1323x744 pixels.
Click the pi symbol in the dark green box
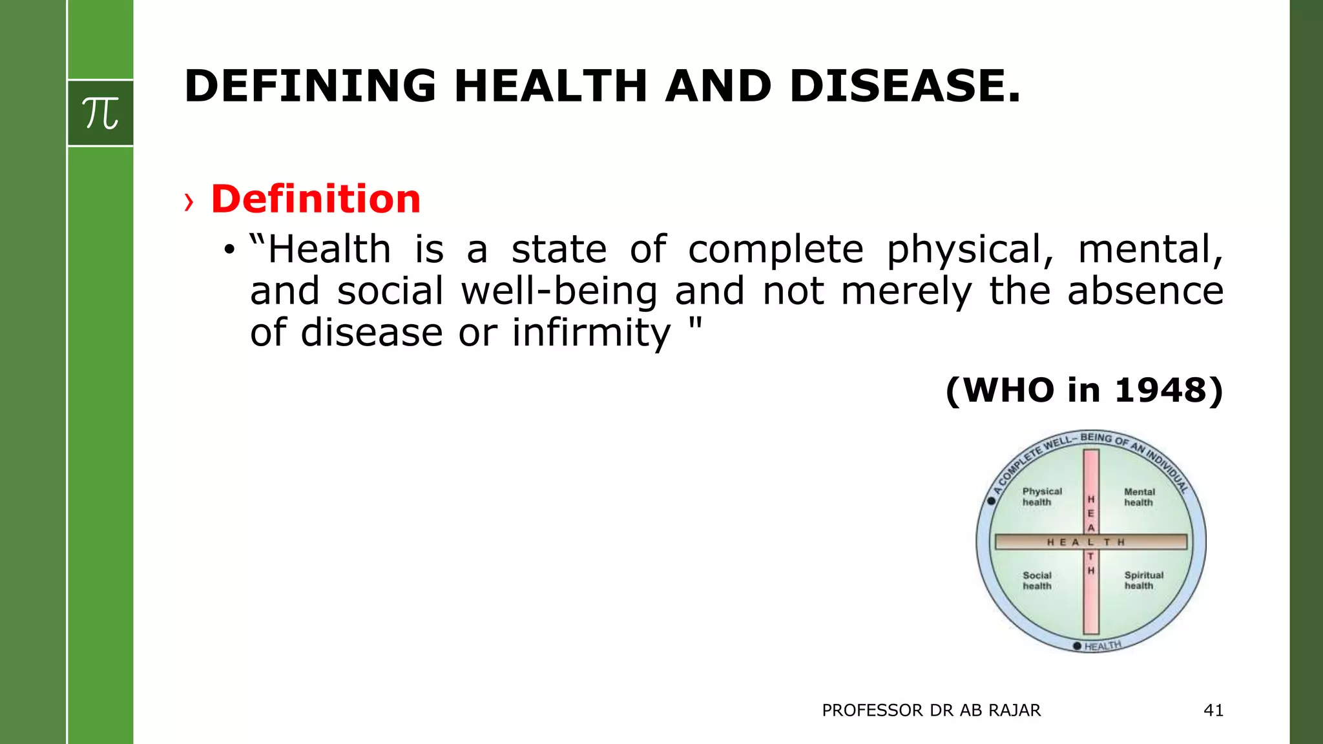pos(100,114)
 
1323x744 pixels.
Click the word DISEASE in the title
pos(904,86)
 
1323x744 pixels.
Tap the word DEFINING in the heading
pos(310,86)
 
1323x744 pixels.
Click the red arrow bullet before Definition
pos(189,202)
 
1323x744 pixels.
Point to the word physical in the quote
pos(970,250)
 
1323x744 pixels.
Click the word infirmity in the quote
pos(591,333)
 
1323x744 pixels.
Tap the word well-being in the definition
pos(559,291)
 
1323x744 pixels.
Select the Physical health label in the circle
pos(1041,497)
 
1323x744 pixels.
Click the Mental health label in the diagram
pos(1139,497)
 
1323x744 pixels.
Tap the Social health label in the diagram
pos(1037,580)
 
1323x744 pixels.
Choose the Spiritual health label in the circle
pos(1143,580)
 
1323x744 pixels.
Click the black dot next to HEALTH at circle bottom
pos(1077,646)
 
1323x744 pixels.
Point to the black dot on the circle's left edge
pos(992,501)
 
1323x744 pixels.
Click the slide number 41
pos(1213,710)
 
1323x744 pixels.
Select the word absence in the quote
pos(1145,291)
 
